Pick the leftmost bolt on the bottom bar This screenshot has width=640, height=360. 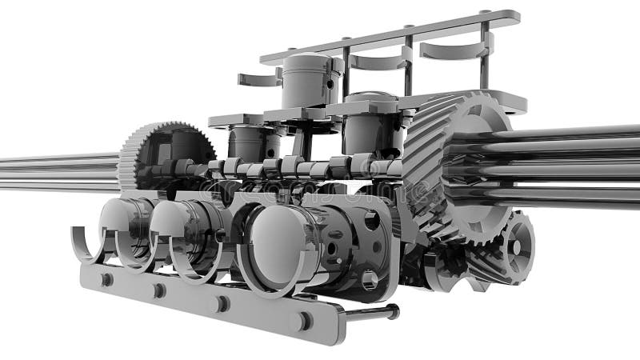click(x=106, y=278)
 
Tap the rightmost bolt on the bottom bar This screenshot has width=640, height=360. click(x=302, y=321)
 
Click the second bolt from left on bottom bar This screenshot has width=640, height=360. click(x=159, y=290)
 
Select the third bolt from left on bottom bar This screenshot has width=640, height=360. click(x=219, y=303)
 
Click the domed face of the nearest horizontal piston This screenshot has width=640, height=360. click(x=276, y=244)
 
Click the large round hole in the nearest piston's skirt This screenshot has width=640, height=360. click(x=370, y=219)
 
